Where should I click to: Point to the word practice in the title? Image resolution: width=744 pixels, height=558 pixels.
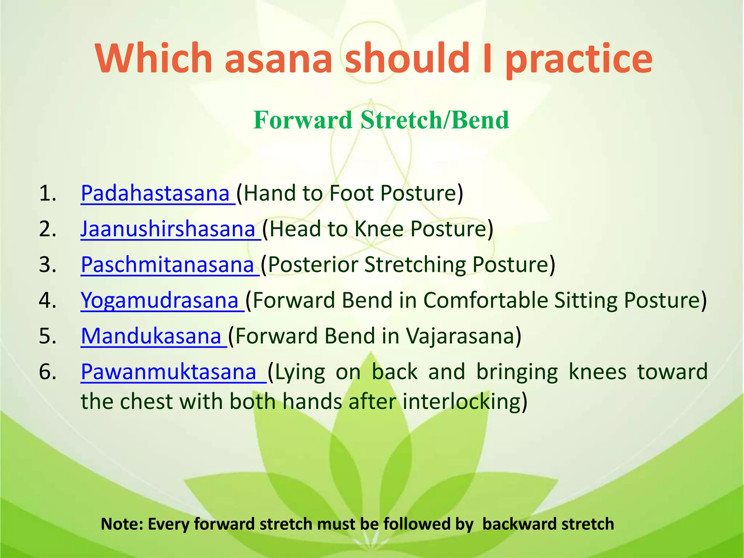[x=579, y=60]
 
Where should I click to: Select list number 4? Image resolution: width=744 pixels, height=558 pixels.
[x=48, y=300]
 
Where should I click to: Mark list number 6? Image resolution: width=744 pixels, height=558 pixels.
[x=48, y=372]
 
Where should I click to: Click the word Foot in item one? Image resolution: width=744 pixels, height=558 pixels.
[x=351, y=193]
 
